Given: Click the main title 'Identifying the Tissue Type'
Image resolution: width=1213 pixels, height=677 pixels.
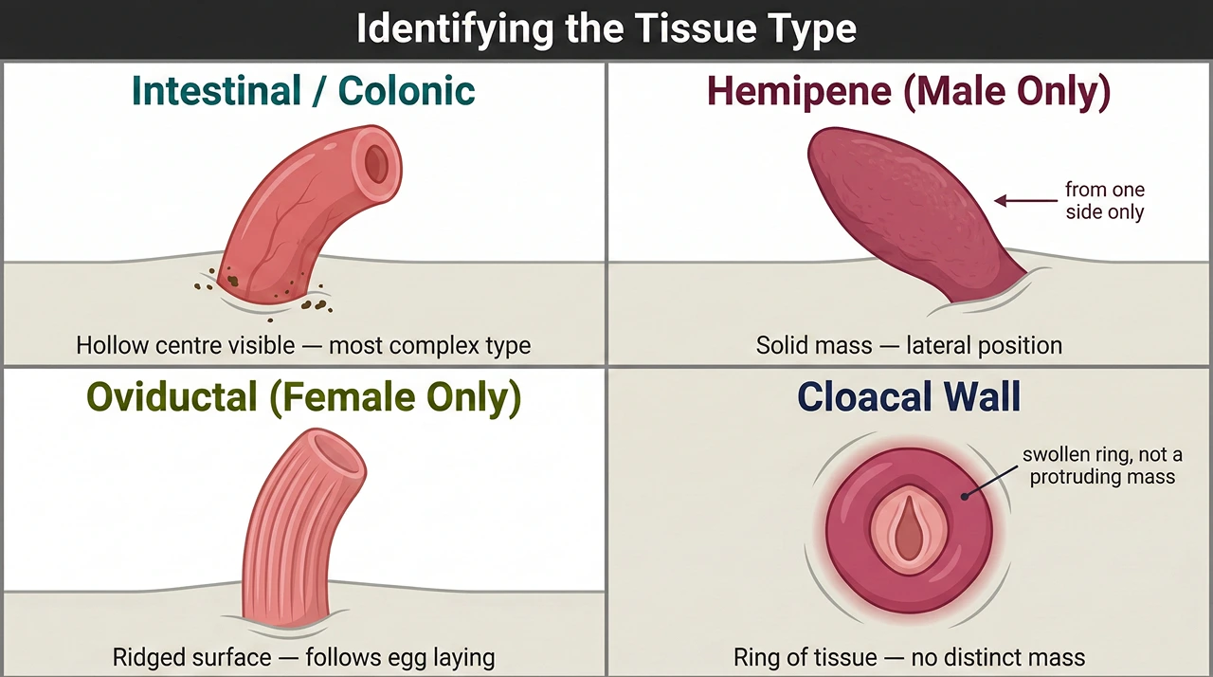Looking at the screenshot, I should [606, 29].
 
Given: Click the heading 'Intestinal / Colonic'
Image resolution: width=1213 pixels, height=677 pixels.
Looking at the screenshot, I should [303, 91].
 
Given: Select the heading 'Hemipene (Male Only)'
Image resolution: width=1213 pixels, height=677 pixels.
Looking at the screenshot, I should [909, 91].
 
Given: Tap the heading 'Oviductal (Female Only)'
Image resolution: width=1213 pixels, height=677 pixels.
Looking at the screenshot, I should [303, 398].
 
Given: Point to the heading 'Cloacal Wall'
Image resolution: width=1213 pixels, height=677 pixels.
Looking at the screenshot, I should [909, 396].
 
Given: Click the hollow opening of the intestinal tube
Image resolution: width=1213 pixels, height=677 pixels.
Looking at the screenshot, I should [377, 163].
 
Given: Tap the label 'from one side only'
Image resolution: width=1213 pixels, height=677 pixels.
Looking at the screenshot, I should [1104, 200].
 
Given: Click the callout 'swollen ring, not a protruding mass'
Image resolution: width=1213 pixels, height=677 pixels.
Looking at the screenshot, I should [1098, 466].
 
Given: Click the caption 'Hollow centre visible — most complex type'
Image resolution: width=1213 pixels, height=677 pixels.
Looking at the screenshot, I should [303, 345].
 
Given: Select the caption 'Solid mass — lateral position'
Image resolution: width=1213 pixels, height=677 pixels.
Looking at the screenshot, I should [909, 345].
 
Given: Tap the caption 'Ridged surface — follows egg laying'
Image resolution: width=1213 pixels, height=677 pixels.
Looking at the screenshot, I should [303, 656].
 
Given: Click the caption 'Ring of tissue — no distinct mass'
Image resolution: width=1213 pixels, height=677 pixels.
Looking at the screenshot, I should [909, 656].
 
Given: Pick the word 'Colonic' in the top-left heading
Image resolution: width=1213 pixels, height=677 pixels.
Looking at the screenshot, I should [407, 91].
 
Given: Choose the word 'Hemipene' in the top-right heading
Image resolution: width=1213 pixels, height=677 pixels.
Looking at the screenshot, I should [799, 91].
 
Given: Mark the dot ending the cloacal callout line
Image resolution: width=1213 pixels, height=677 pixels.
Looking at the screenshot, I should [965, 495].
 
